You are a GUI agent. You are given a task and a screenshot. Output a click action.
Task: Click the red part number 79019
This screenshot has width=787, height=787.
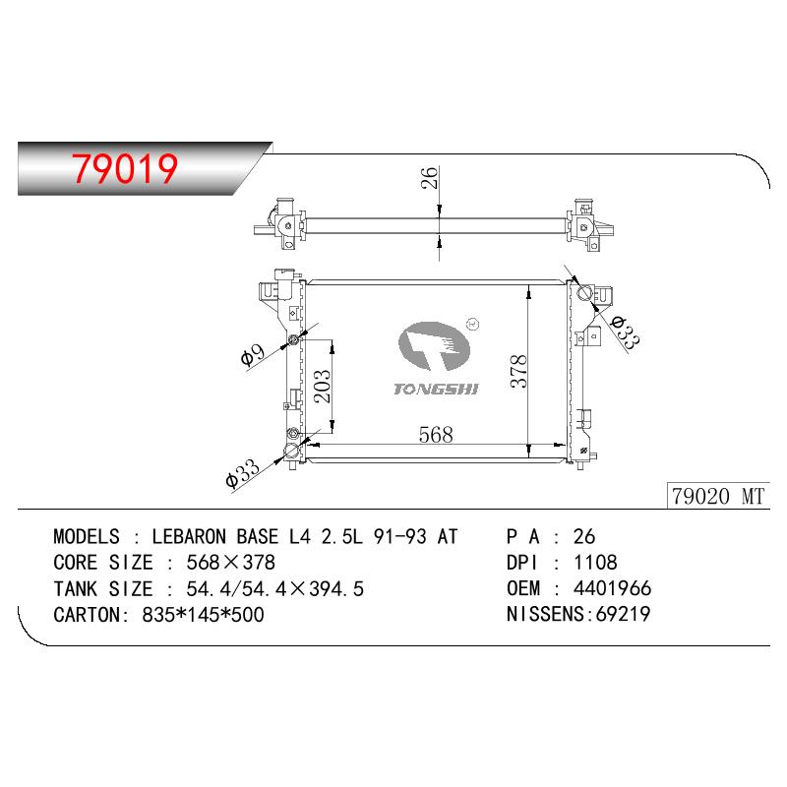(125, 168)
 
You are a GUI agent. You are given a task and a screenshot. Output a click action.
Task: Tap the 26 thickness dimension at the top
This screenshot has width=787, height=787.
(430, 178)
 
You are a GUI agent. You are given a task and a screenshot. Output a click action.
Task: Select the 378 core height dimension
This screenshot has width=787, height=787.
(518, 372)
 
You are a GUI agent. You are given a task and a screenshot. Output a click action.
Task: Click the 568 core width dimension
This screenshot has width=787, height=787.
(436, 435)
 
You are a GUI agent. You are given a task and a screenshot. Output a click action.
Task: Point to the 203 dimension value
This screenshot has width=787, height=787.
(322, 387)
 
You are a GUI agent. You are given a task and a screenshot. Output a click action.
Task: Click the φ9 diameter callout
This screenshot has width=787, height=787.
(253, 355)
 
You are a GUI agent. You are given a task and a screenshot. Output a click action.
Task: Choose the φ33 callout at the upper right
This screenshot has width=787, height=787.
(626, 332)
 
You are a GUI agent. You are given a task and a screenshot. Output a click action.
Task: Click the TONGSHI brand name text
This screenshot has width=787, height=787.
(436, 389)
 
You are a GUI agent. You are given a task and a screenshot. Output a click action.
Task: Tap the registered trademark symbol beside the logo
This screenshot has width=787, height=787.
(473, 325)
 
